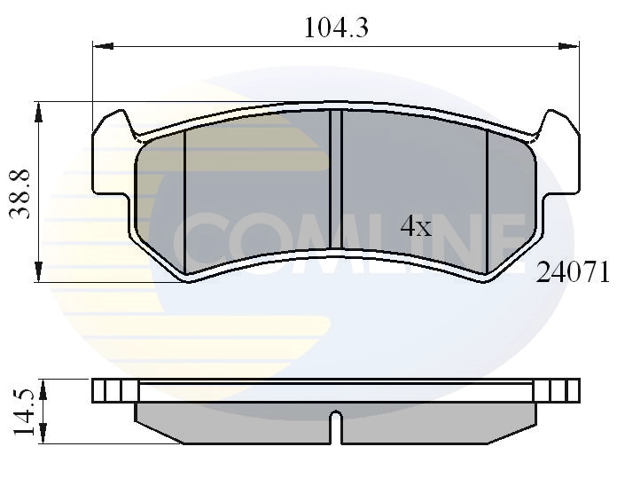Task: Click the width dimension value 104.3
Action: click(336, 27)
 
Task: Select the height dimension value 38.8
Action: click(24, 192)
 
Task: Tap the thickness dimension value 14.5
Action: click(24, 411)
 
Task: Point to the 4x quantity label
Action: click(415, 227)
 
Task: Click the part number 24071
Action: click(573, 274)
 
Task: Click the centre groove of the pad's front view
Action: click(336, 179)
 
